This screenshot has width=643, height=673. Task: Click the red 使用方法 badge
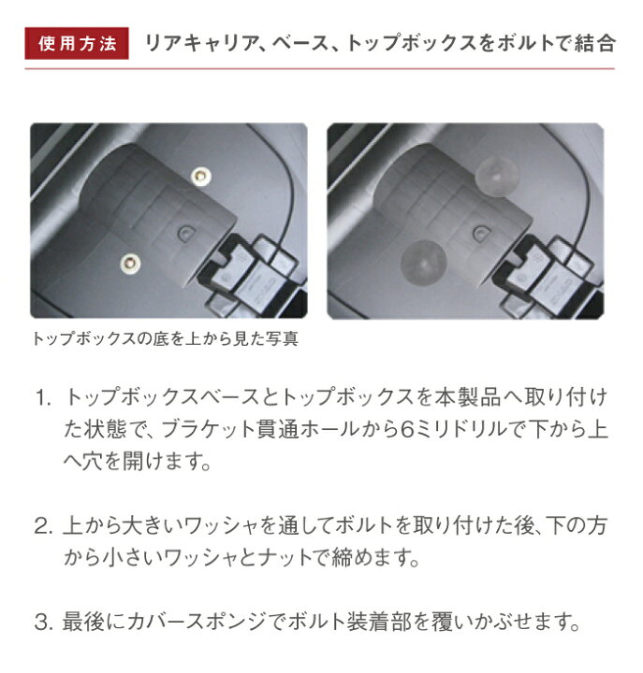77,44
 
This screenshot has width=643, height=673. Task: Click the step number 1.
44,398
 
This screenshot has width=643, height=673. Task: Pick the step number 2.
44,527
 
